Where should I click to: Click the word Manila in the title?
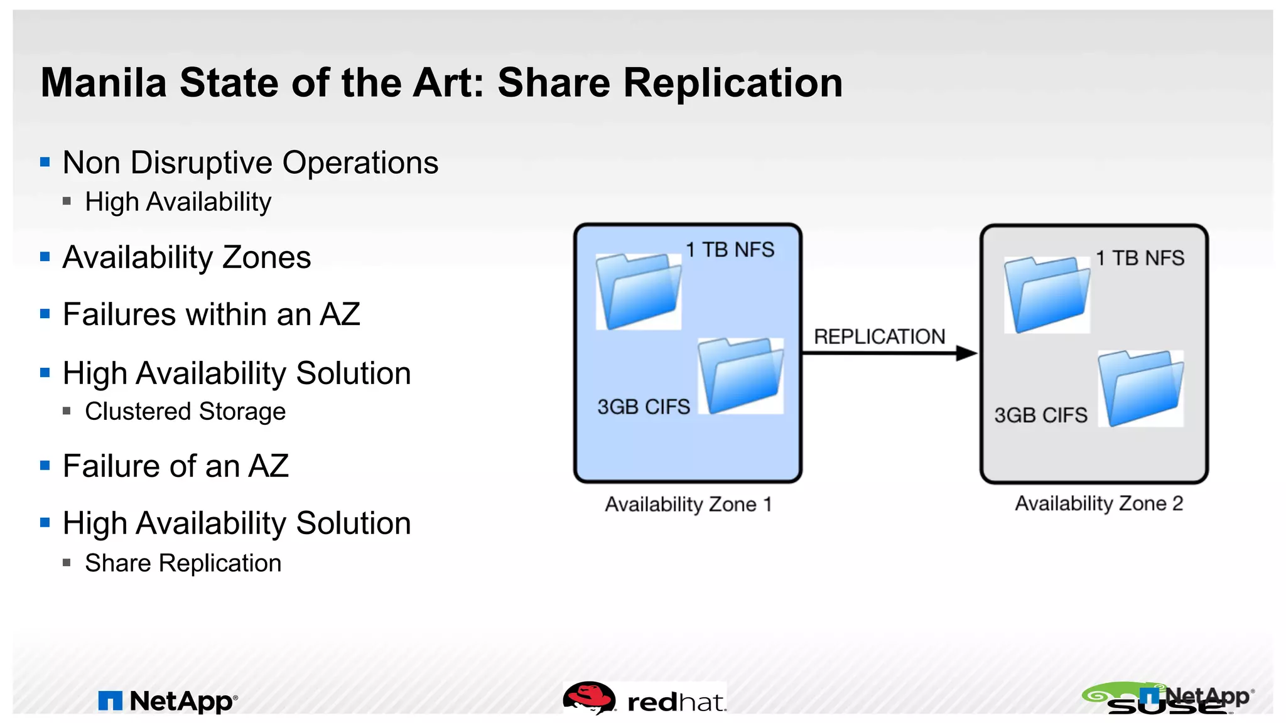104,83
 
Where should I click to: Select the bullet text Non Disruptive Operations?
250,163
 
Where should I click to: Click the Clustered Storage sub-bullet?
185,412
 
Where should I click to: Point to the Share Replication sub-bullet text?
183,563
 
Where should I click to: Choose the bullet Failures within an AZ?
211,314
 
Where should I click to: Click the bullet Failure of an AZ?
175,466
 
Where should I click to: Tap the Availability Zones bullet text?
186,257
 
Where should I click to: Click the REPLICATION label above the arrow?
879,336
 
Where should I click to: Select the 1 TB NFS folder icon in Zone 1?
638,291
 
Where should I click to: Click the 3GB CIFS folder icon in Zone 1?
741,375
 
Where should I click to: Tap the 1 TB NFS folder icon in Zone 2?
1047,294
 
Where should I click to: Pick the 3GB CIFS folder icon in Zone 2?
1140,388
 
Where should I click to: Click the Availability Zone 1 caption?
688,504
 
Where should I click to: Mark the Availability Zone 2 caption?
1099,503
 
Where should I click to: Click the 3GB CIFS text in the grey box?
1040,415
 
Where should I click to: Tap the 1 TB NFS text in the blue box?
730,250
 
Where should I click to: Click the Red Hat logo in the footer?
645,699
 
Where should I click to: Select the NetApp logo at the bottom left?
168,700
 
